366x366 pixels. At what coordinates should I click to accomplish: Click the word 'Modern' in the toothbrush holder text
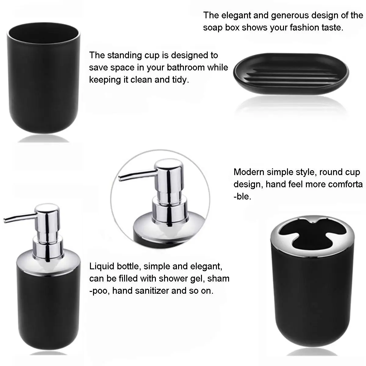tap(249, 172)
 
